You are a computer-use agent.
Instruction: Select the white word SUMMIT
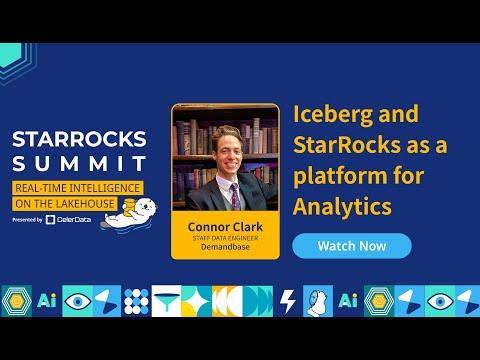pos(79,163)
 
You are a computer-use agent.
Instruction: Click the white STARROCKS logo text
pos(79,138)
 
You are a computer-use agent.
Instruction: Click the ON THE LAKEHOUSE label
pos(54,203)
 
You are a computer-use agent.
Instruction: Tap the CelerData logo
pos(68,219)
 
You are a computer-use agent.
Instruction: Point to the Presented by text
pos(28,219)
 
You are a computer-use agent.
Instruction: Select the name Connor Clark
pos(224,226)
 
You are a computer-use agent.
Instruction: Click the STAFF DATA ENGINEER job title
pos(224,237)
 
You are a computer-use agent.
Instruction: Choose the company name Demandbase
pos(224,247)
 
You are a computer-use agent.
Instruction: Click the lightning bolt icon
pos(289,301)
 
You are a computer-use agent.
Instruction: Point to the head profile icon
pos(319,301)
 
